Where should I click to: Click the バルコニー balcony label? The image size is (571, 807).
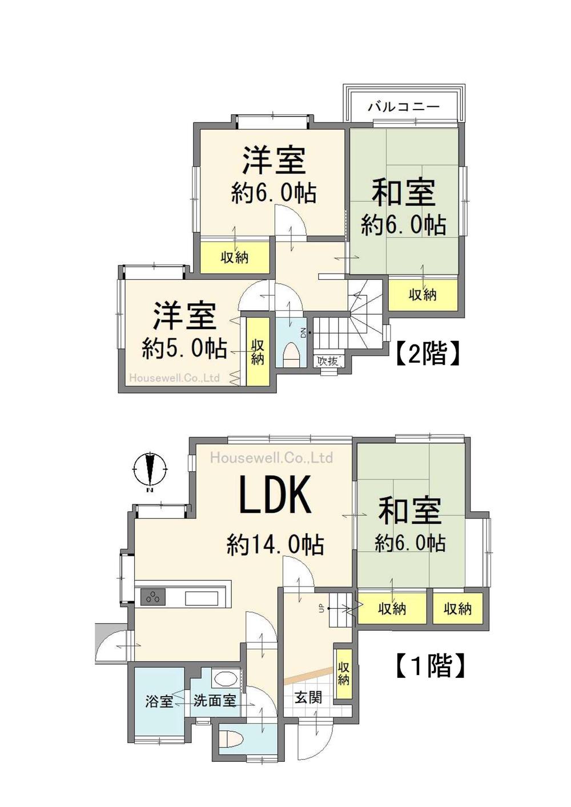[404, 107]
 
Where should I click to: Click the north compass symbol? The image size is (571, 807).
[150, 471]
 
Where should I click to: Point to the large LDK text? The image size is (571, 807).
[275, 495]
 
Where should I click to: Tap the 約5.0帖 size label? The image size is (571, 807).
[184, 349]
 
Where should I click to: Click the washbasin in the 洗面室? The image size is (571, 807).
[224, 679]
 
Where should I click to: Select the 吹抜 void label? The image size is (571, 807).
[328, 361]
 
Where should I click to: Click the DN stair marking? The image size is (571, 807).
[303, 332]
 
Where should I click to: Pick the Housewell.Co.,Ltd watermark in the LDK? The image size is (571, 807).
[271, 457]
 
